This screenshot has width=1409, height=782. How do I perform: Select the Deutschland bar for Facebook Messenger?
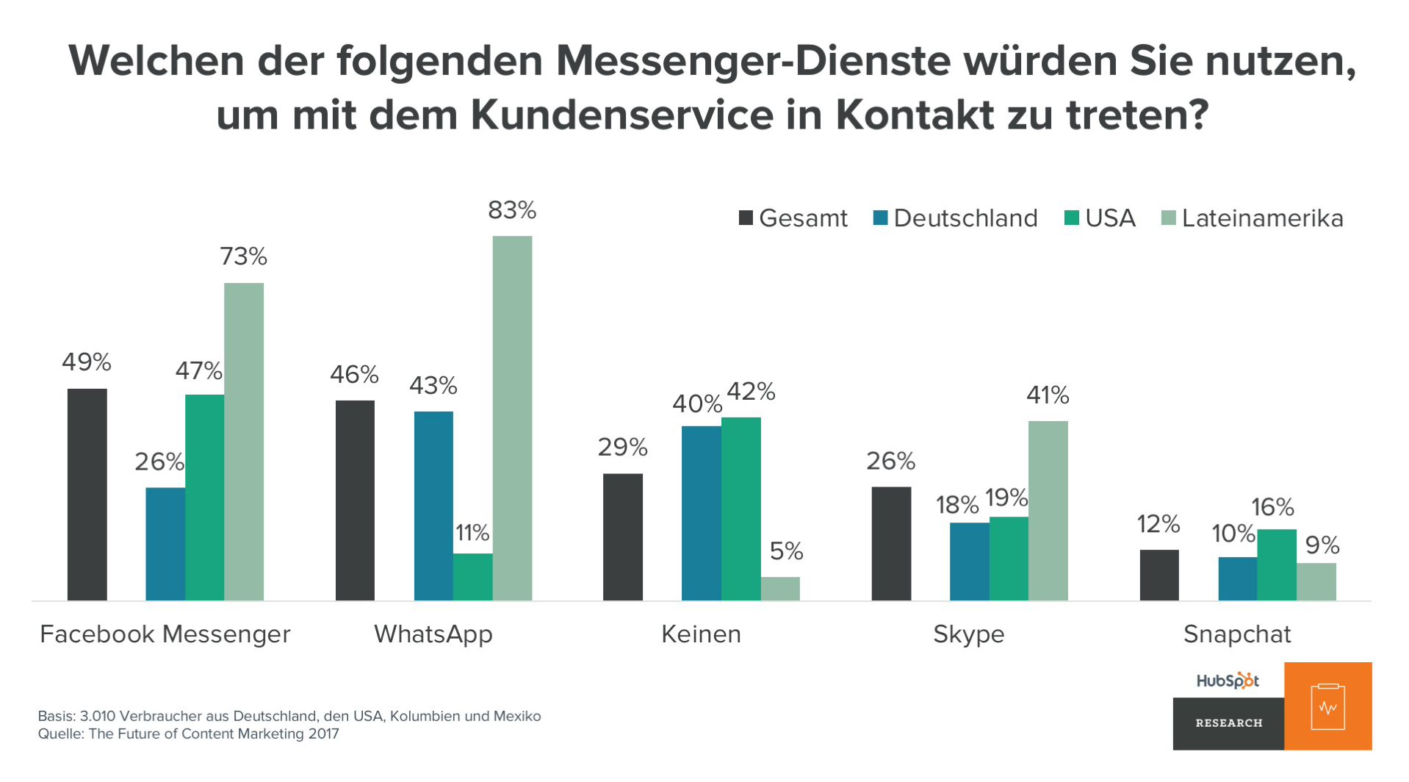tap(165, 544)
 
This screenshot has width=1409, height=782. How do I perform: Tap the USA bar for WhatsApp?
tap(472, 577)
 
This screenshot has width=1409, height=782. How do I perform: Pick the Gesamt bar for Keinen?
tap(623, 537)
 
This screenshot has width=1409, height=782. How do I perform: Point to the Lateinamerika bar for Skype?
tap(1048, 511)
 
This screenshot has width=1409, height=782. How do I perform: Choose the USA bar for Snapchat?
tap(1276, 564)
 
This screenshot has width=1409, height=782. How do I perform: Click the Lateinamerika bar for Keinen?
tap(780, 589)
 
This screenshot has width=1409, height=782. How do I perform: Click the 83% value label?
tap(512, 211)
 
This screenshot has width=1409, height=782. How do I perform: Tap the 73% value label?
tap(243, 257)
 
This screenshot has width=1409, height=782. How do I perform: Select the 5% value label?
tap(786, 551)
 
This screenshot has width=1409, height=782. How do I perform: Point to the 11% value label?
tap(472, 533)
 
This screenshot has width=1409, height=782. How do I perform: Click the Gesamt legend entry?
tap(793, 218)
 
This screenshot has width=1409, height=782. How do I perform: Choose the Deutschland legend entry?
tap(955, 218)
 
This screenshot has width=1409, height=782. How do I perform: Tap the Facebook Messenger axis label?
tap(165, 634)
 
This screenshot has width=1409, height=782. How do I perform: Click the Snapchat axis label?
tap(1237, 634)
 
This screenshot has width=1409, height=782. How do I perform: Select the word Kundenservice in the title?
tap(621, 115)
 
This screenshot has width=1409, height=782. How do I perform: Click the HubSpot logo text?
tap(1228, 681)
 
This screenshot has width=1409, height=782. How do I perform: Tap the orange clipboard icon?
tap(1327, 706)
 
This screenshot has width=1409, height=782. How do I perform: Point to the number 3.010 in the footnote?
tap(97, 716)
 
